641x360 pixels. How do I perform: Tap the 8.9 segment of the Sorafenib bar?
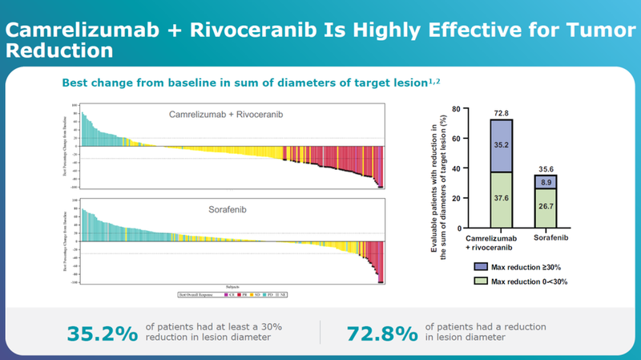[x=546, y=183]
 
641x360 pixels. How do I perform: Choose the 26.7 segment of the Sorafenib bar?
[x=546, y=208]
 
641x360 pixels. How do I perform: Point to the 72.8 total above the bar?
[x=501, y=113]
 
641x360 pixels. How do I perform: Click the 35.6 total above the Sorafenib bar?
[x=546, y=168]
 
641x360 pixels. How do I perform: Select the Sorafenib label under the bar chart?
[x=546, y=238]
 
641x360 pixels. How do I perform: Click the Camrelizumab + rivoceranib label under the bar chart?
[x=499, y=243]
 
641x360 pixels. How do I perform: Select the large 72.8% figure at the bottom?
[x=382, y=333]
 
